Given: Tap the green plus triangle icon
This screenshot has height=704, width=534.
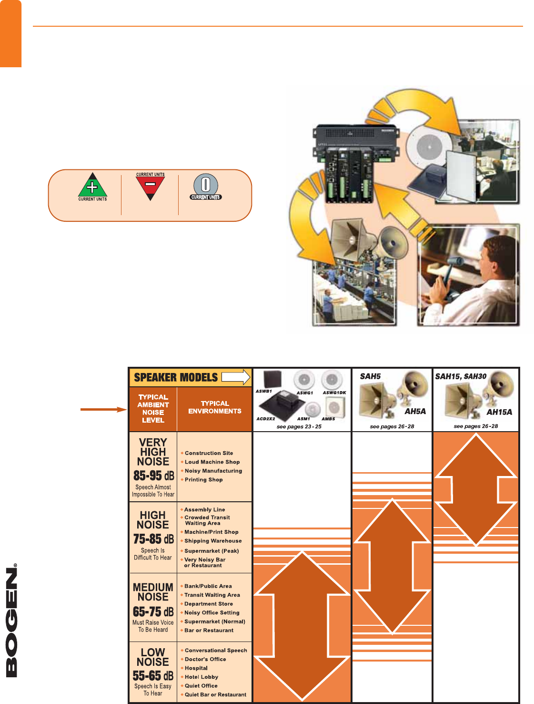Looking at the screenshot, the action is (92, 186).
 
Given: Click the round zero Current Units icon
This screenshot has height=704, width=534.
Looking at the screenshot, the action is (206, 186).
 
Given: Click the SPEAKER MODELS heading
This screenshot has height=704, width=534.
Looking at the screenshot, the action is (176, 377).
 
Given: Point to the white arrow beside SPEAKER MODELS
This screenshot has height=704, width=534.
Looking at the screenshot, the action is (236, 377).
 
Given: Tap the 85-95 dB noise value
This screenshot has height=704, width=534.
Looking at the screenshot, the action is (153, 476).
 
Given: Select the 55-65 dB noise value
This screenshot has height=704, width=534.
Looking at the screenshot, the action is (153, 676).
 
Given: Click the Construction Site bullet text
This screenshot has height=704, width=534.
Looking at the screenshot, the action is (209, 453).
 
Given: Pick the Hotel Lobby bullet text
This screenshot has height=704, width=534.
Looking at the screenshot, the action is (202, 677).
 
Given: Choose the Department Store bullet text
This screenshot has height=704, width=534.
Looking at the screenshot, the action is (209, 604).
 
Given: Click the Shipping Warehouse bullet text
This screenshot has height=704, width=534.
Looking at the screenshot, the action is (213, 541).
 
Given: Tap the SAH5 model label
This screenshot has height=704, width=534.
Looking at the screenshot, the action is (370, 376).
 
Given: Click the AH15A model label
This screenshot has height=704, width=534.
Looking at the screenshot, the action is (499, 412).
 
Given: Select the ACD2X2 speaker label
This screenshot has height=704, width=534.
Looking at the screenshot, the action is (265, 419).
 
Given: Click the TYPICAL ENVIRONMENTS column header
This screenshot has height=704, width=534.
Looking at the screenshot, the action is (214, 407).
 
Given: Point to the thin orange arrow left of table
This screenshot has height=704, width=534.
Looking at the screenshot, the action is (103, 409).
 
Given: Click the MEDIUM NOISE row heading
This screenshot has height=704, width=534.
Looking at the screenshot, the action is (153, 592).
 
